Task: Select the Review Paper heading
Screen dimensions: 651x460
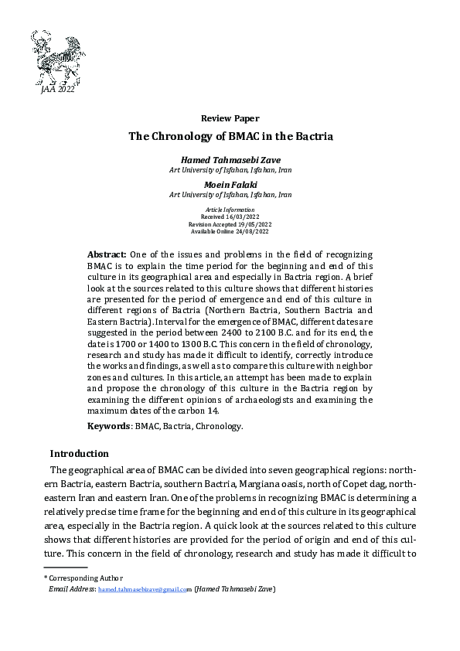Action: (230, 118)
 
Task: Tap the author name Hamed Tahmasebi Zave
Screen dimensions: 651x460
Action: (230, 159)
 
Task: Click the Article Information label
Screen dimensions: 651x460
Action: (230, 210)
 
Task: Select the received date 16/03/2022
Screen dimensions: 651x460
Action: (243, 217)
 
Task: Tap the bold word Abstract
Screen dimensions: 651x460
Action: (107, 254)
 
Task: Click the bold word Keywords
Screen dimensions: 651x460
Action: (108, 426)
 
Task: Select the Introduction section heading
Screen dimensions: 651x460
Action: (79, 453)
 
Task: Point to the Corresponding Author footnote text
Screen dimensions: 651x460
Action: (84, 578)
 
